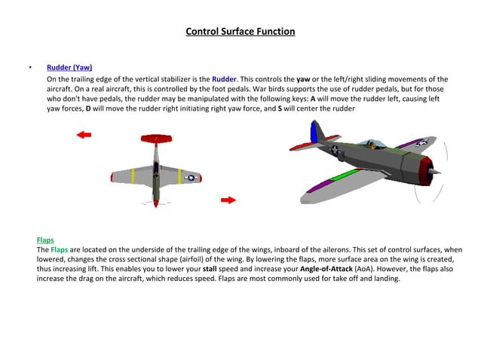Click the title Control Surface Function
click(240, 32)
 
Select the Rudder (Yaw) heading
click(69, 67)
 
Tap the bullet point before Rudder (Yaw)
click(29, 67)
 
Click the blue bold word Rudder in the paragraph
click(224, 78)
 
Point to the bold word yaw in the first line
click(303, 78)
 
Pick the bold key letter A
click(313, 98)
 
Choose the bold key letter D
click(87, 108)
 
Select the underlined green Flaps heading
click(45, 239)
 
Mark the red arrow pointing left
click(84, 134)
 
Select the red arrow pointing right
click(228, 200)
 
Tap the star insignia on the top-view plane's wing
click(191, 178)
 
